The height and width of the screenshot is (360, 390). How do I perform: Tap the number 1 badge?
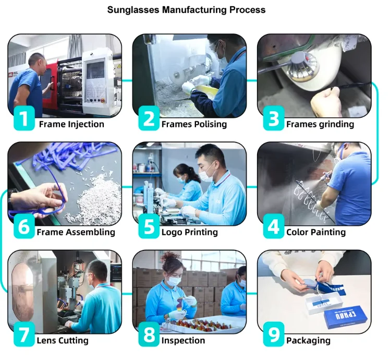click(23, 119)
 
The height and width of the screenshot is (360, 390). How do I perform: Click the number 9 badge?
click(273, 335)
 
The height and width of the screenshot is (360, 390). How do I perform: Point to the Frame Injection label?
click(71, 124)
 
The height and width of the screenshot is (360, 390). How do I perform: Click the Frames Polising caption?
click(194, 124)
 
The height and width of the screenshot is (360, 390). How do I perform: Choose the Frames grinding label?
click(320, 124)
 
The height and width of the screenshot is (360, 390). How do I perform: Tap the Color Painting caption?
click(315, 232)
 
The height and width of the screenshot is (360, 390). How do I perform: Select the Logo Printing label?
click(190, 232)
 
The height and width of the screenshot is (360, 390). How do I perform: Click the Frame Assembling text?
click(76, 232)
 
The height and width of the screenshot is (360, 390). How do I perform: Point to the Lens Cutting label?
click(63, 341)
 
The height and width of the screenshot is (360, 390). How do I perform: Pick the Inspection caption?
click(183, 341)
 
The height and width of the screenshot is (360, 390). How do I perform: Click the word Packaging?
click(308, 341)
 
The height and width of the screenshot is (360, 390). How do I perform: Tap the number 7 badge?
click(23, 335)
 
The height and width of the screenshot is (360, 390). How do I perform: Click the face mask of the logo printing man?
click(208, 174)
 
